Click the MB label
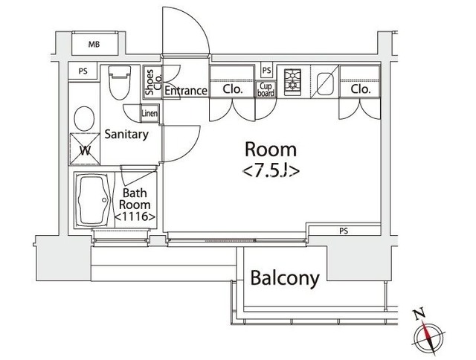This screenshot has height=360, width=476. coord(94,45)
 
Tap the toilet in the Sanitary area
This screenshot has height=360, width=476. coord(120,82)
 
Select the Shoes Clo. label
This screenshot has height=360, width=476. coord(152,82)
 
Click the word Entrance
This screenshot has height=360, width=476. coord(186,91)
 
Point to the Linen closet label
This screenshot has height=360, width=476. coord(149,114)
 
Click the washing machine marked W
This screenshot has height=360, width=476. coord(85,149)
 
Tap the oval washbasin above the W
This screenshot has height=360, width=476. coord(84,119)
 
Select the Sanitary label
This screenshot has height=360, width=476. coord(126,134)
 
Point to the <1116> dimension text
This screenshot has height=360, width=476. coord(135,216)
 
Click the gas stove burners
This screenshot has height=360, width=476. coord(292,80)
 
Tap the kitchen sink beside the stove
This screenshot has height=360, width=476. coord(325,82)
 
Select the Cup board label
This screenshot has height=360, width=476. coord(266,89)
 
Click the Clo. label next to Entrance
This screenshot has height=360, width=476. coord(232,89)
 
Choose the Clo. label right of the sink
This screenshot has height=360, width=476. coord(361,89)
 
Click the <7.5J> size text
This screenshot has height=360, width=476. coord(271,172)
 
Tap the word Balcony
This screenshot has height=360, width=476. coord(285,278)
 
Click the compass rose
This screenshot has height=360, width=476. coord(428,332)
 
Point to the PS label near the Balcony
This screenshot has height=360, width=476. coord(344,231)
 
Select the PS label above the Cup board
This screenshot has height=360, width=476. coord(266,71)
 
